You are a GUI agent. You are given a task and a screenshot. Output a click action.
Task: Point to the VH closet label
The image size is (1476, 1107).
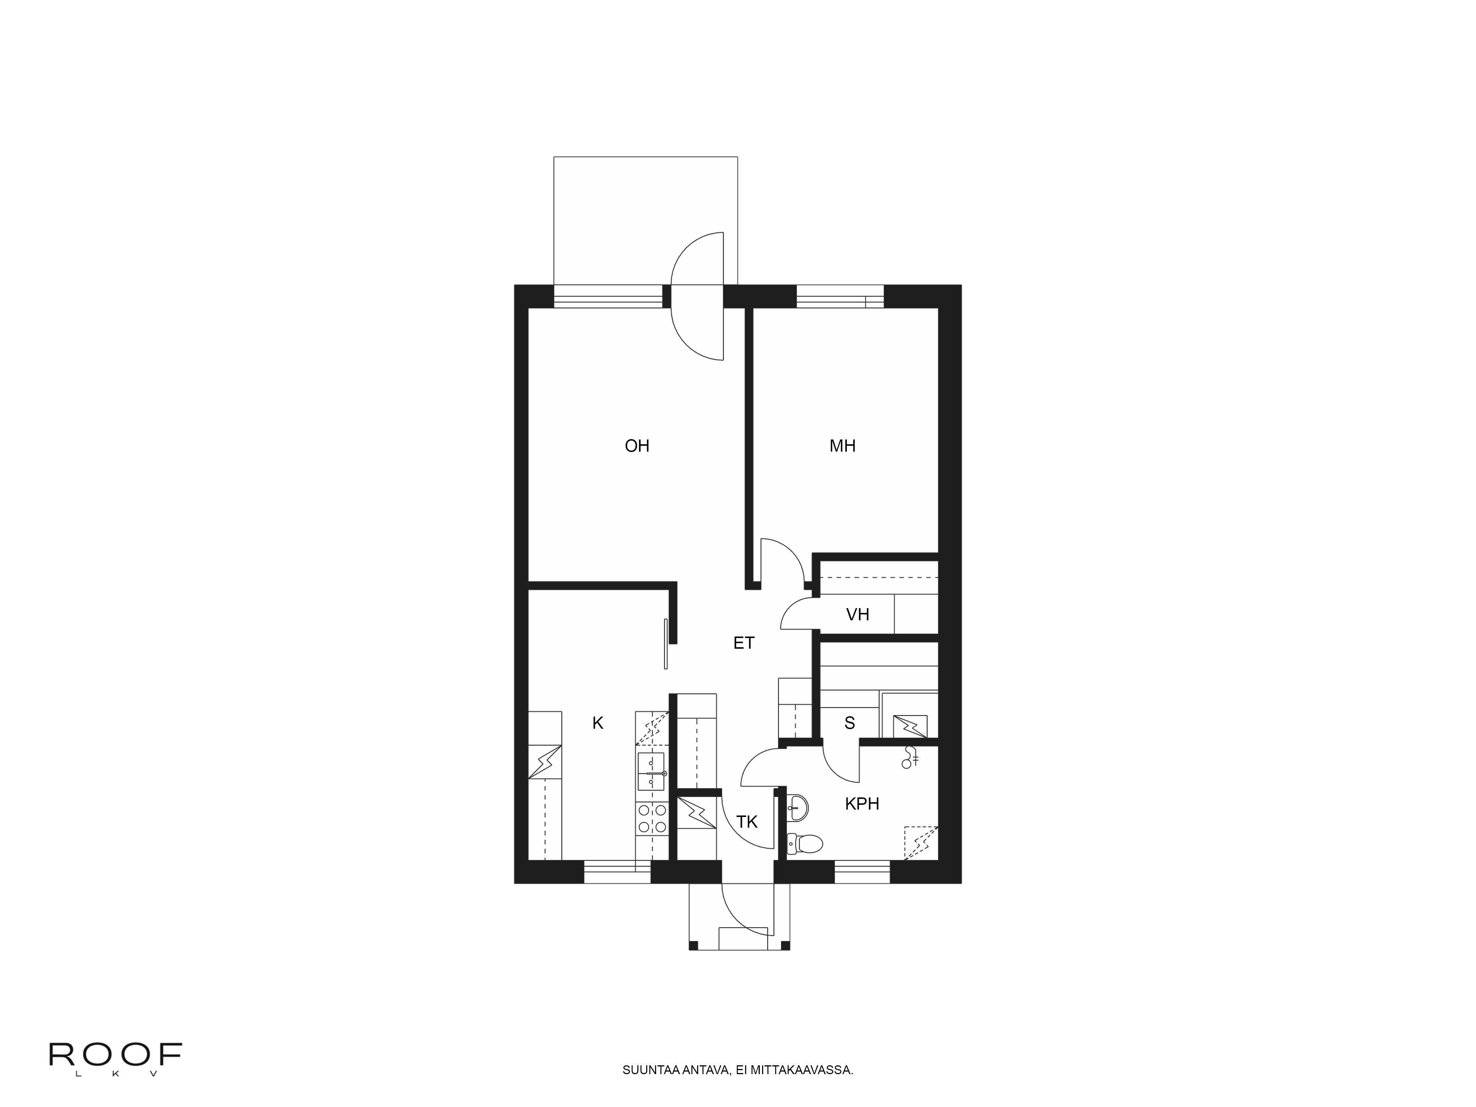[858, 614]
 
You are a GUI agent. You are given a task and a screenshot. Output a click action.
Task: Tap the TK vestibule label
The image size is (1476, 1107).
[747, 821]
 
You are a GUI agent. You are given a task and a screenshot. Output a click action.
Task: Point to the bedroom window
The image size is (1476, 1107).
[840, 296]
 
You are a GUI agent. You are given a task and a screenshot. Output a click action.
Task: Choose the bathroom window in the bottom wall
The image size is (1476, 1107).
[862, 872]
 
